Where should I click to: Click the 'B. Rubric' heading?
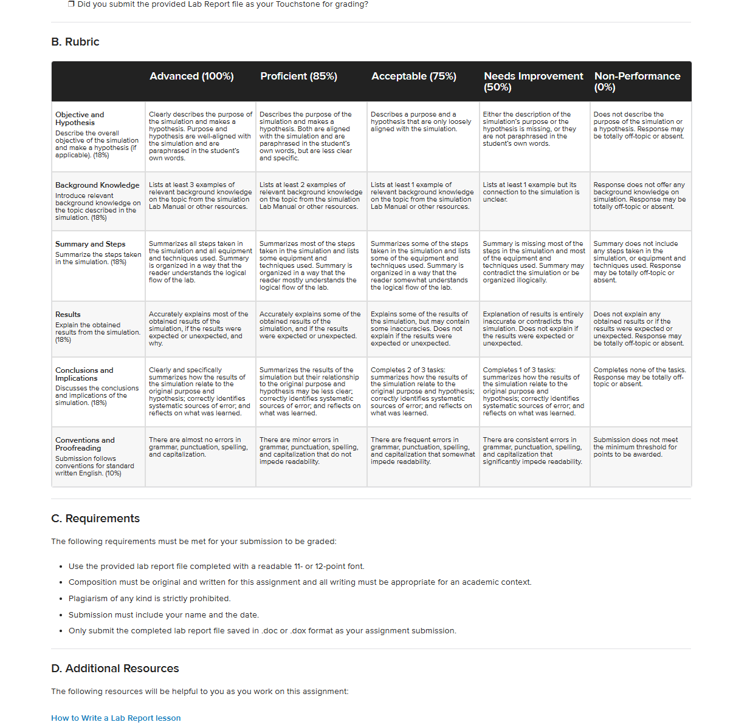(x=75, y=42)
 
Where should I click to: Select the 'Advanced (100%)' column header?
(x=191, y=77)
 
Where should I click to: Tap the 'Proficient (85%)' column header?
(x=298, y=77)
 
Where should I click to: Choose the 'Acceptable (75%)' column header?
(x=413, y=77)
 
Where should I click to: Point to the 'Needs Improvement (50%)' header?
(x=533, y=81)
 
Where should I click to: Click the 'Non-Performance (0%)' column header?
(x=637, y=81)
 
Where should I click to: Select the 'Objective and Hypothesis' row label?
(x=80, y=118)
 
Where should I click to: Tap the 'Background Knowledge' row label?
(x=97, y=185)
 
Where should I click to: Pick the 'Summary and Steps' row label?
(x=90, y=244)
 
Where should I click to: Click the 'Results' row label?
(x=68, y=315)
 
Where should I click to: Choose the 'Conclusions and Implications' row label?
(x=84, y=374)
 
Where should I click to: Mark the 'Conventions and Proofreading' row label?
(x=84, y=444)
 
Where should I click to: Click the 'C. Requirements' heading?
(x=95, y=519)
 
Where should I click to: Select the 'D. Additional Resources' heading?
(x=115, y=669)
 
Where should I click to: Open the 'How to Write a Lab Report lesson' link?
(x=116, y=718)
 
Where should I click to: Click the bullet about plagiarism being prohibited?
(x=150, y=599)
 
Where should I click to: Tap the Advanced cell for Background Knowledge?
(x=199, y=196)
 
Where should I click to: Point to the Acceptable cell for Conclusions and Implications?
(x=422, y=392)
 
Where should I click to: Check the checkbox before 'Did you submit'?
(x=71, y=4)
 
